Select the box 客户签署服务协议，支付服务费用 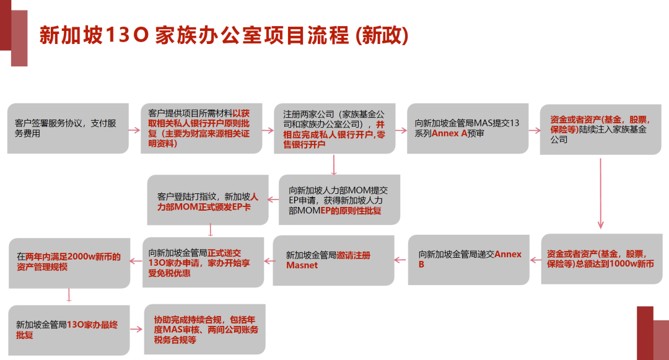click(x=68, y=128)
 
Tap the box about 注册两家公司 click(x=334, y=128)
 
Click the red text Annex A click(x=449, y=133)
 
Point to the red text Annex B click(x=470, y=259)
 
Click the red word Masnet click(x=302, y=265)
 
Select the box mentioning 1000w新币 click(x=601, y=259)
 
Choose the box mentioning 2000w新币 click(x=69, y=263)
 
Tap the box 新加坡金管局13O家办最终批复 click(x=69, y=330)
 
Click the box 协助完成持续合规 click(x=205, y=329)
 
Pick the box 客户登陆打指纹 click(x=208, y=200)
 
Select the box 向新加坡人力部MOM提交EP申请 click(x=339, y=200)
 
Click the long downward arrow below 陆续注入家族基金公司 click(x=601, y=194)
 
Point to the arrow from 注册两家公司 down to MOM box click(x=334, y=165)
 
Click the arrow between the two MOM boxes click(x=273, y=199)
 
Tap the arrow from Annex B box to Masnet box click(x=400, y=260)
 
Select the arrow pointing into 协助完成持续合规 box click(x=136, y=329)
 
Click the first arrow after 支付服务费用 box click(x=134, y=130)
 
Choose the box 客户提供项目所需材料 click(x=201, y=128)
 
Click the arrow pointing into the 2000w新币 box click(x=136, y=261)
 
